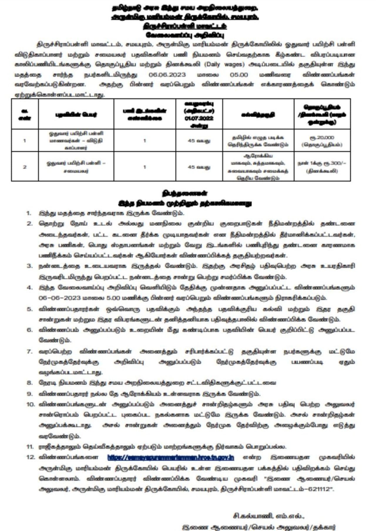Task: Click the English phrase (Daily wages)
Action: point(224,64)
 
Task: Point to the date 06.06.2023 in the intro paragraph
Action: point(167,74)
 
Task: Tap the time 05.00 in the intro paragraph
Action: point(239,74)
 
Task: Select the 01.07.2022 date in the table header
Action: point(199,118)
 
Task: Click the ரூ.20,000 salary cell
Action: point(322,138)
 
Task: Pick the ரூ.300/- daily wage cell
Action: point(322,163)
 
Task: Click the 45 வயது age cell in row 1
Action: point(199,141)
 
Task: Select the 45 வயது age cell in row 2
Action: point(199,167)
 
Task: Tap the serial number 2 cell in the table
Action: point(25,167)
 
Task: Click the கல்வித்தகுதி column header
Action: point(258,115)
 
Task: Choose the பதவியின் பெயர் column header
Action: point(76,115)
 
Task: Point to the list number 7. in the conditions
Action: point(29,351)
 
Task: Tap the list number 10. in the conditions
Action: point(31,404)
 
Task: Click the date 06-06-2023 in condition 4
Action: point(60,298)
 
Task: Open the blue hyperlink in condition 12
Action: point(171,457)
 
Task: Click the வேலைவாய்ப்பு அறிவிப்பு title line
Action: point(185,35)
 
